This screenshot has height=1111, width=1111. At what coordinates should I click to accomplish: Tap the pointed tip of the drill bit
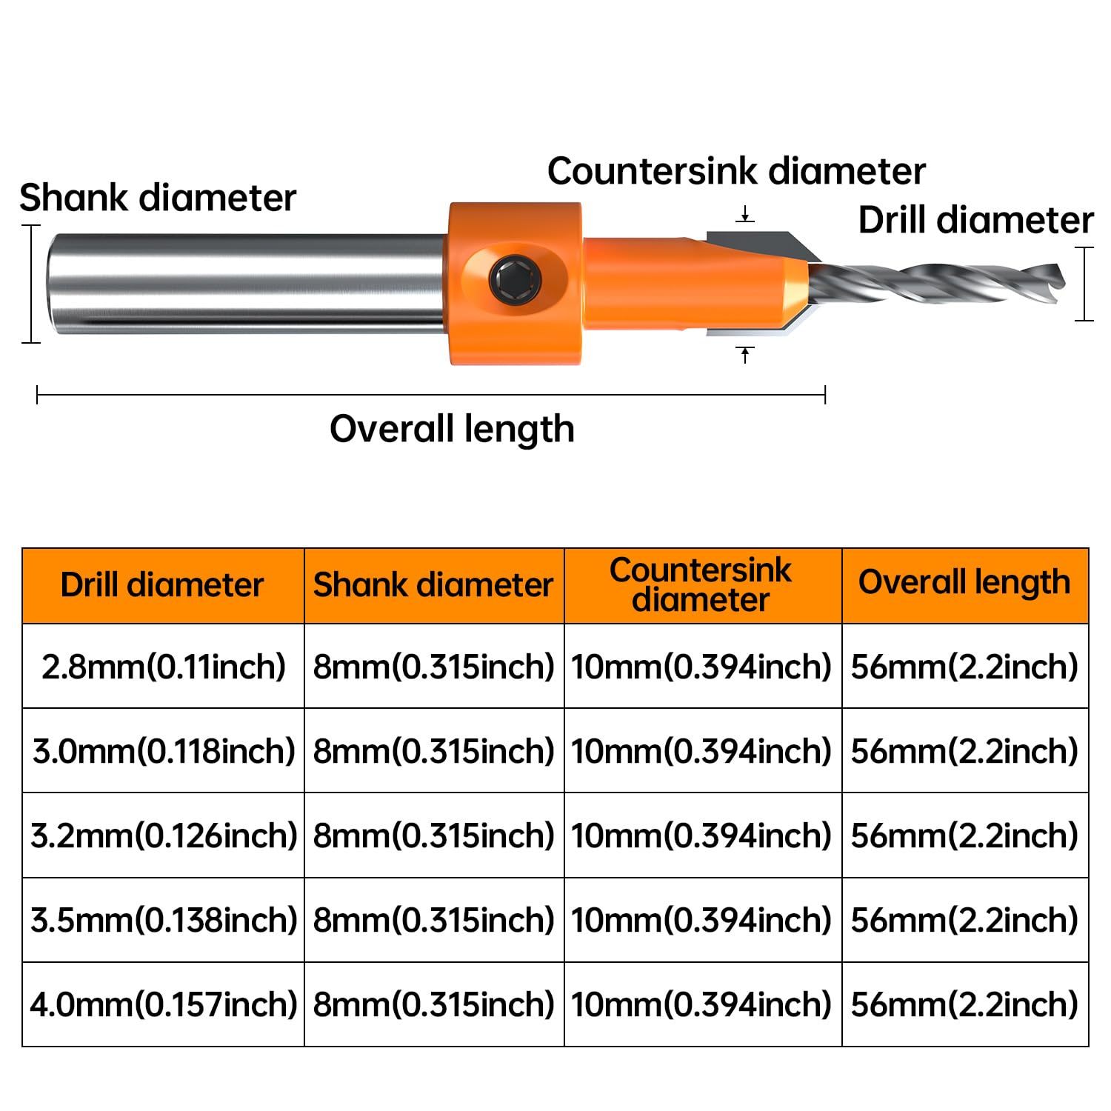coord(1065,280)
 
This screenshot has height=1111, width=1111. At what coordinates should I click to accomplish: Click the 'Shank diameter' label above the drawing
coord(158,198)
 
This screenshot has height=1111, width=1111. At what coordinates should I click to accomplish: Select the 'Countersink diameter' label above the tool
coord(736,171)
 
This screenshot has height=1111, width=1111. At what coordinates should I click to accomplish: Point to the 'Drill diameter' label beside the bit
coord(975,221)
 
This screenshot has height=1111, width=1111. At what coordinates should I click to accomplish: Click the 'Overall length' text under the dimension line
coord(452,430)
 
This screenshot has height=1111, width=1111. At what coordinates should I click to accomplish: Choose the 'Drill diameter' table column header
coord(162,585)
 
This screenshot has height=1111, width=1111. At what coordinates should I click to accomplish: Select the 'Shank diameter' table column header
coord(433,585)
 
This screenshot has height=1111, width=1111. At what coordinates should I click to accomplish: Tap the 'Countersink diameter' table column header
coord(701,585)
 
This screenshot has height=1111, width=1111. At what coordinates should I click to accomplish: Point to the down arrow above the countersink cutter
coord(745,215)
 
